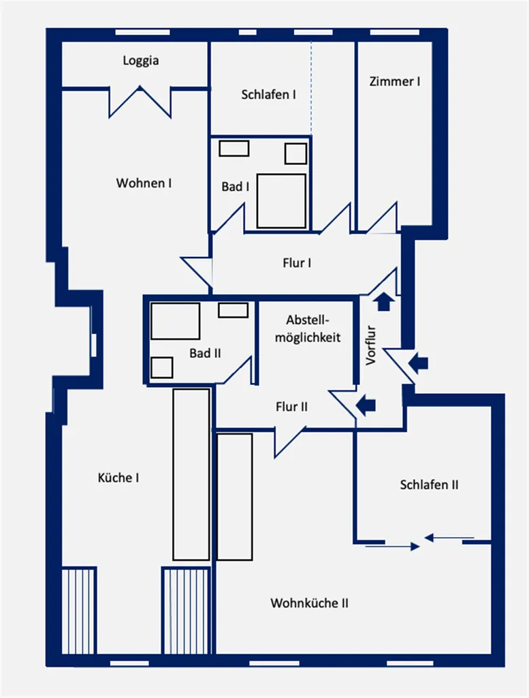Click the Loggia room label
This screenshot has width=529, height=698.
point(141,61)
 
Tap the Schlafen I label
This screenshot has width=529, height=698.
point(268,94)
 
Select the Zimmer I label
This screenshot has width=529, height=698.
point(395,82)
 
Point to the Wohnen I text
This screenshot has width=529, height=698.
point(144,183)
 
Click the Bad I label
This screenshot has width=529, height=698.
point(235,187)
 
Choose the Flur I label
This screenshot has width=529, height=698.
point(297,262)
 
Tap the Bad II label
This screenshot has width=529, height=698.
point(205,353)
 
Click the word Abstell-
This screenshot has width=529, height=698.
point(308,320)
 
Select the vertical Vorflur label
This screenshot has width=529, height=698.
point(371,346)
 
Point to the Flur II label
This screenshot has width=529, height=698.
point(291,406)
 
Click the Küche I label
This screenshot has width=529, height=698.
point(118,478)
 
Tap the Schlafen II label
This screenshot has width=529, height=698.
point(429,485)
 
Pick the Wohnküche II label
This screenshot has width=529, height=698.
point(309,603)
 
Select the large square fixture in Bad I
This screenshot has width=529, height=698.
point(282,201)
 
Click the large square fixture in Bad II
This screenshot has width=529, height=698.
point(175,321)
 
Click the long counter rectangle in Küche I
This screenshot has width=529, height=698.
point(191,474)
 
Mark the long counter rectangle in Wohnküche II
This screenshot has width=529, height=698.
point(235,496)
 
